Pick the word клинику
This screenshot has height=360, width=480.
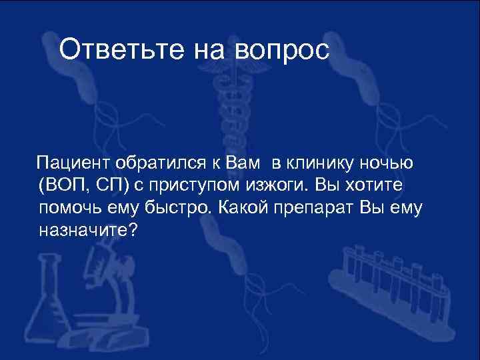(x=325, y=162)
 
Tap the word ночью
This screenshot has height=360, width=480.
(x=391, y=162)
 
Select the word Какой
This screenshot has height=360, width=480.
(x=245, y=207)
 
